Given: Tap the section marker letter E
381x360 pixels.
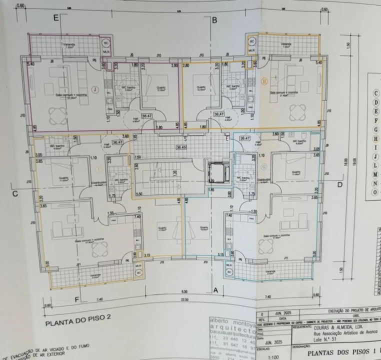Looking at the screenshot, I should pyautogui.click(x=56, y=18).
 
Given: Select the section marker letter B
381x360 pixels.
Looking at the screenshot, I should pyautogui.click(x=214, y=20).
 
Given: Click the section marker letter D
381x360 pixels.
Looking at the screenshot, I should pyautogui.click(x=340, y=185).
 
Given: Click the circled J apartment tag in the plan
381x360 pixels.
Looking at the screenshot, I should pyautogui.click(x=93, y=89).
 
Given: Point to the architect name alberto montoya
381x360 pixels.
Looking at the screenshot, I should pyautogui.click(x=232, y=320).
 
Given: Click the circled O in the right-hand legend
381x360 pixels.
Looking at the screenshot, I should pyautogui.click(x=374, y=192).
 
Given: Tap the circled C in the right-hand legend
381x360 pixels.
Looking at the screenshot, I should pyautogui.click(x=375, y=93).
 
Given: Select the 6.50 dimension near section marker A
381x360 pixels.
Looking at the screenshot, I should pyautogui.click(x=184, y=291).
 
